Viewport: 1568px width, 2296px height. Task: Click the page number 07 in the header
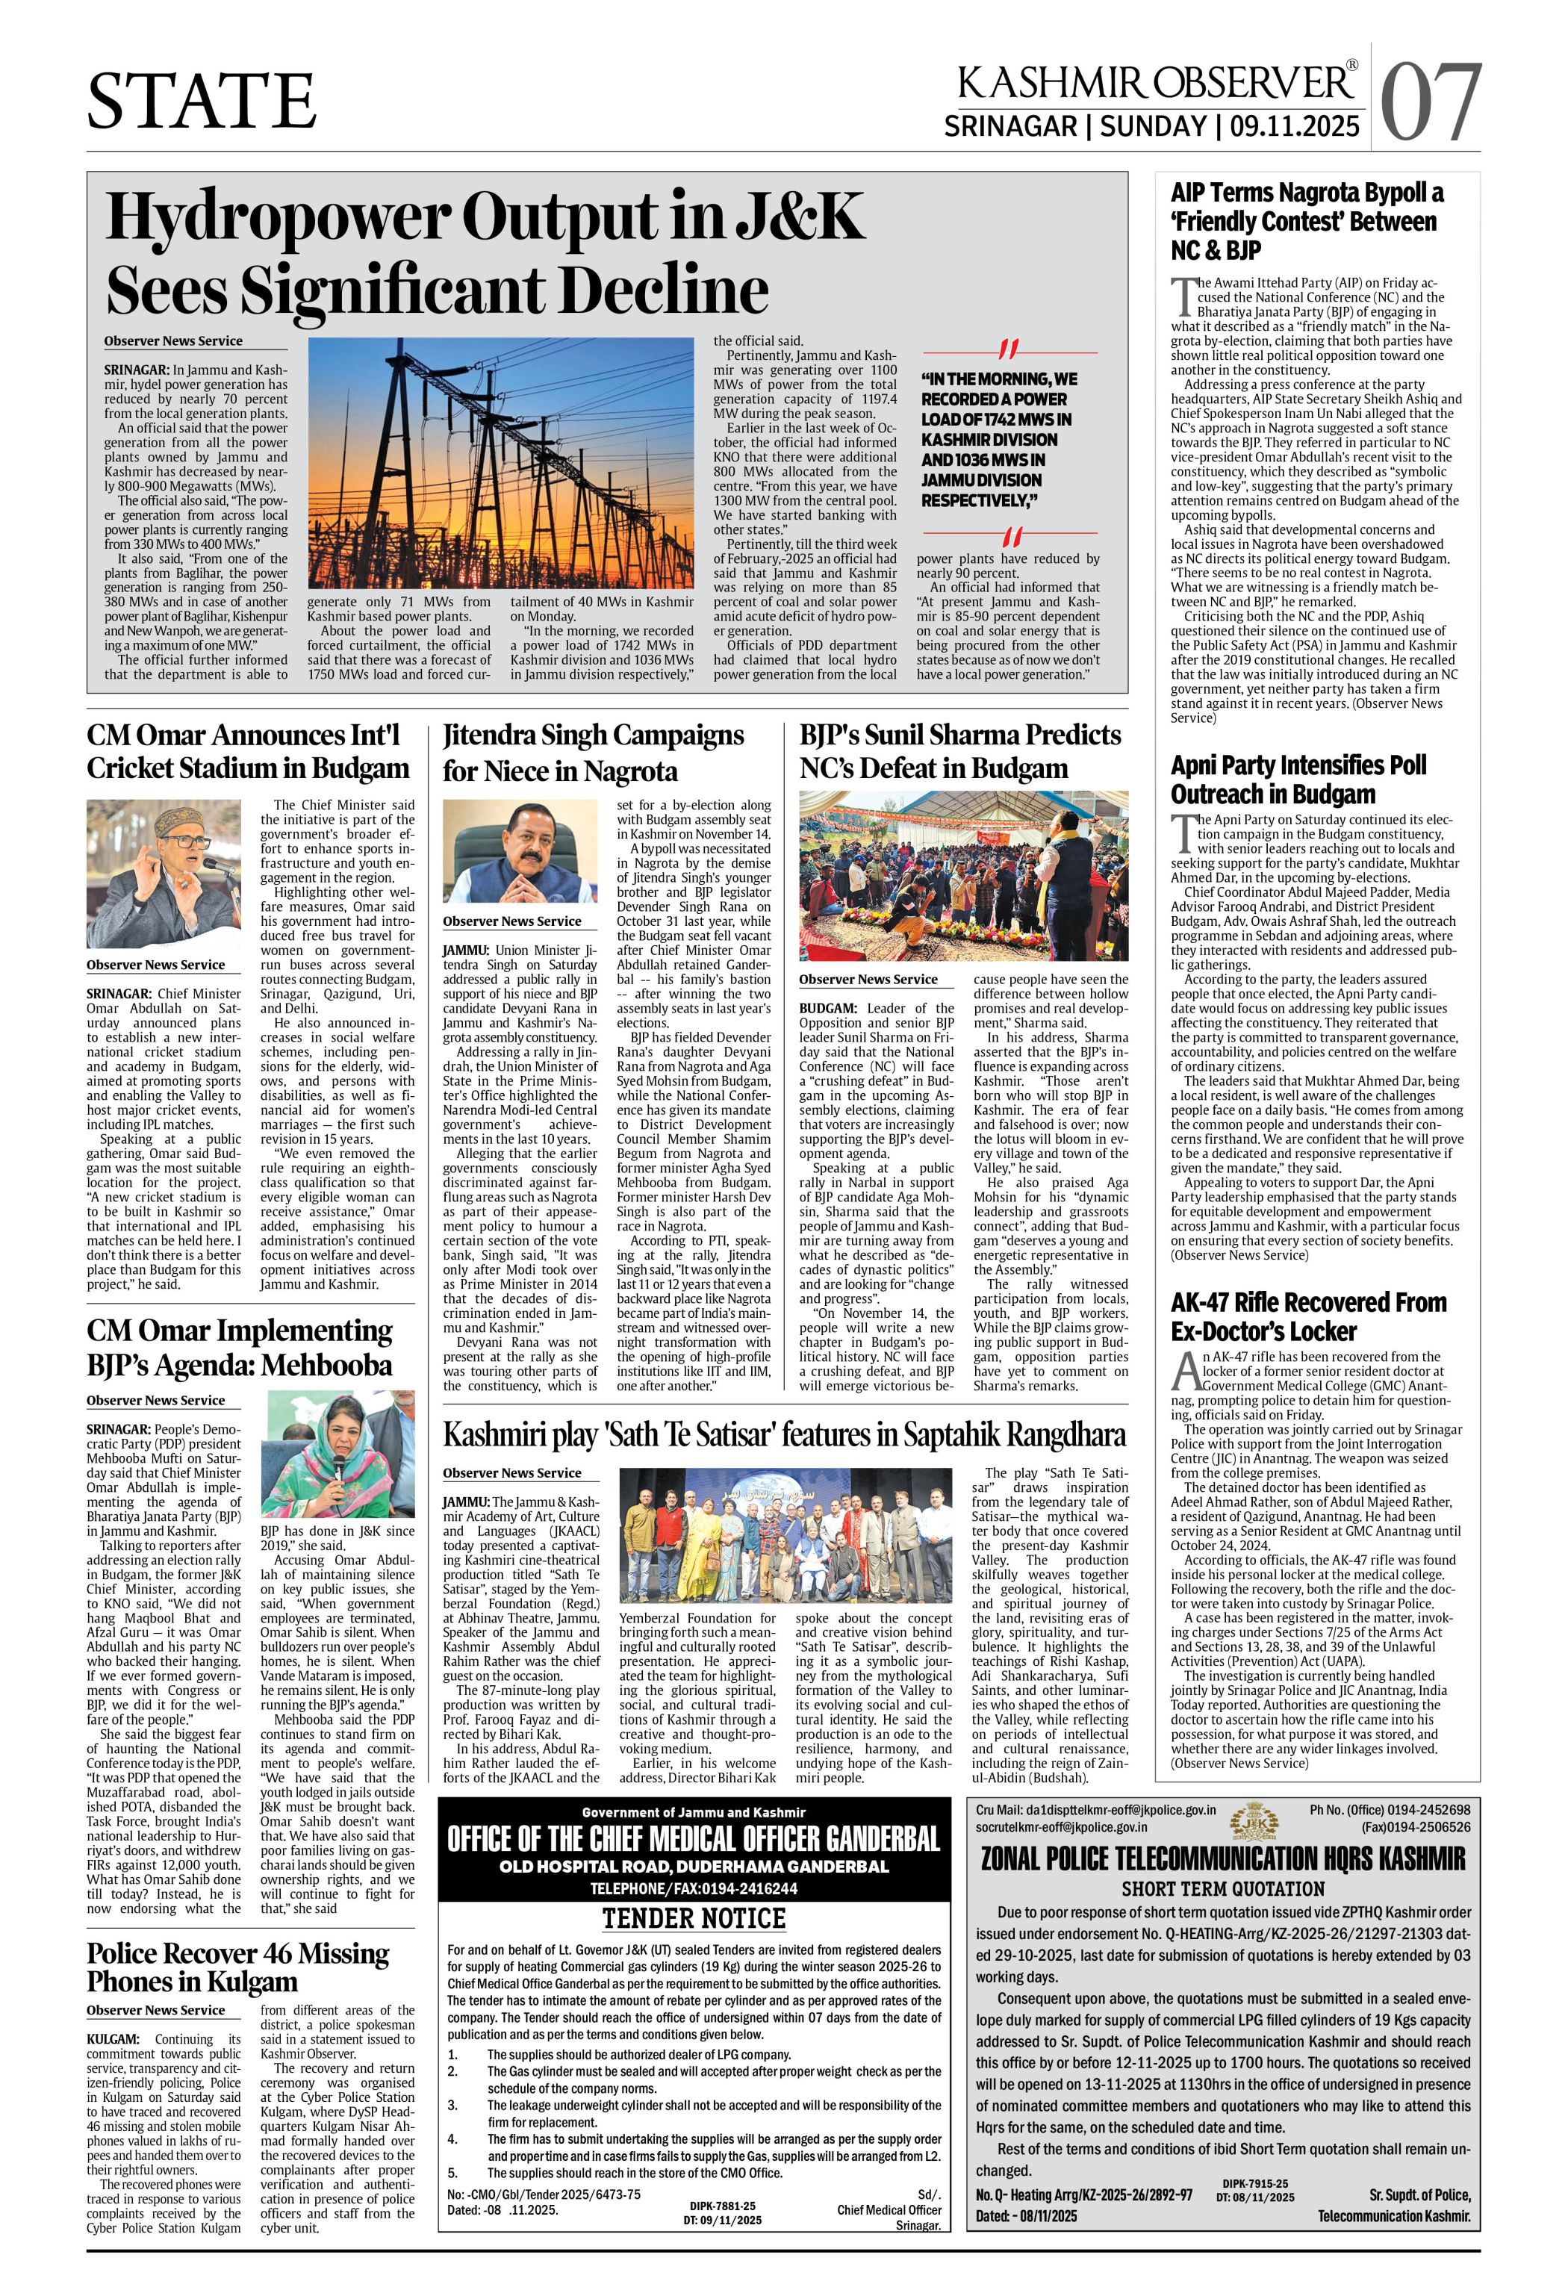click(1431, 102)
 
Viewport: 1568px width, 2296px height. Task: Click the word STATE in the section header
click(202, 100)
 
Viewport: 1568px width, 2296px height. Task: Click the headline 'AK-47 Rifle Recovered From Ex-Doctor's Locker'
click(1308, 1316)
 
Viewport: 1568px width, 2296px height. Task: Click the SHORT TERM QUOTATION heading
click(1222, 1888)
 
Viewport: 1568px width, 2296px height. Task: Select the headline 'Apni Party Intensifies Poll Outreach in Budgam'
click(1298, 779)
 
